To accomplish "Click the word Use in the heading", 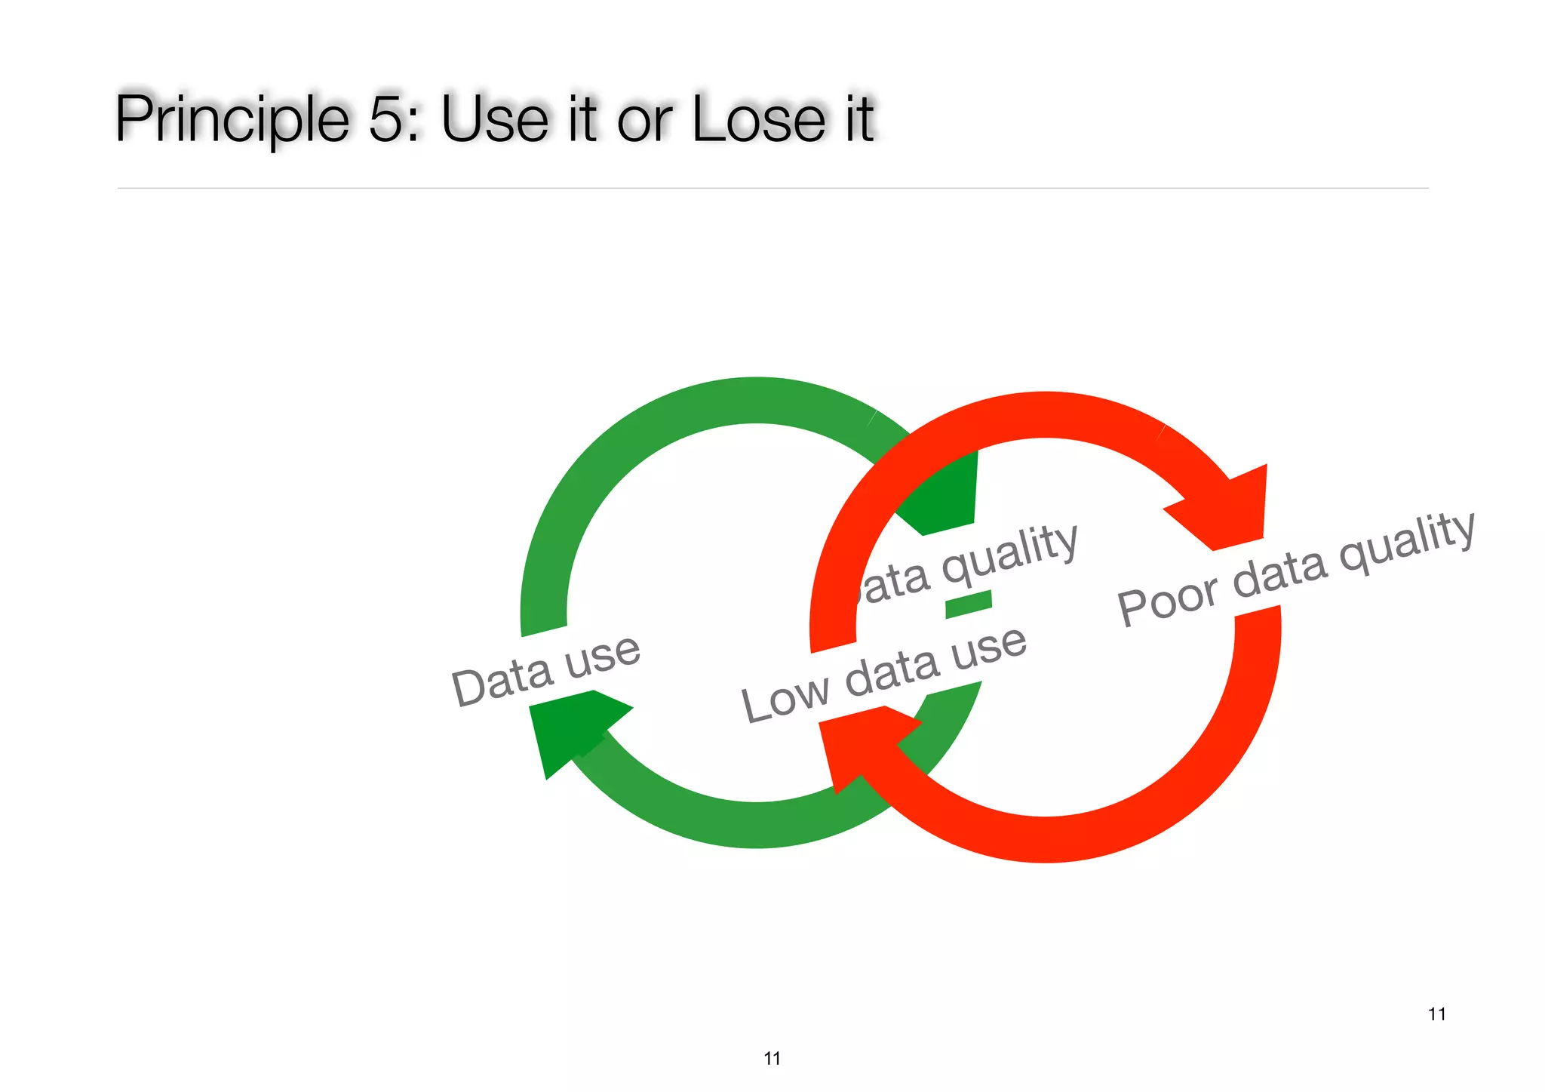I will click(x=494, y=119).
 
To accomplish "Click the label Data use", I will click(x=545, y=670).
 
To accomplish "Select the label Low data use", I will click(x=883, y=674).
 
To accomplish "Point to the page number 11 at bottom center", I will click(x=772, y=1058).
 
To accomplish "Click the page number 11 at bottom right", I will click(x=1436, y=1014).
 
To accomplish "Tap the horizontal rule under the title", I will click(x=772, y=188).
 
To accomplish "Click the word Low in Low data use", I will click(x=784, y=700).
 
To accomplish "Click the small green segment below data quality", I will click(x=969, y=604).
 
